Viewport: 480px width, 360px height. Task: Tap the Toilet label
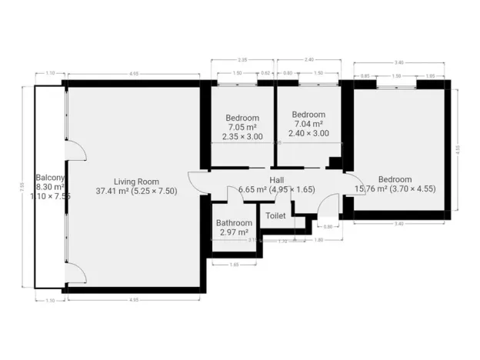click(275, 215)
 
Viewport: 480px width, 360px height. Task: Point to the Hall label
click(276, 179)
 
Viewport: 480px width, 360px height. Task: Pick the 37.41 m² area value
click(112, 191)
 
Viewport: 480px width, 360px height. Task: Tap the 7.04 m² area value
click(308, 123)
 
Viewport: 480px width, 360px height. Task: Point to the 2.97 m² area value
click(234, 232)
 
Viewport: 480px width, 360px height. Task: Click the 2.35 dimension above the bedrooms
click(243, 59)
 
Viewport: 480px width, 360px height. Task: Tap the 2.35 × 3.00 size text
click(242, 136)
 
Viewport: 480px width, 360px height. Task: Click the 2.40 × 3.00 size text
click(308, 133)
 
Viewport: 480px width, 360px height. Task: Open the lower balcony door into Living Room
click(75, 272)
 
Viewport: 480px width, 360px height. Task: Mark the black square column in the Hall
click(335, 163)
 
